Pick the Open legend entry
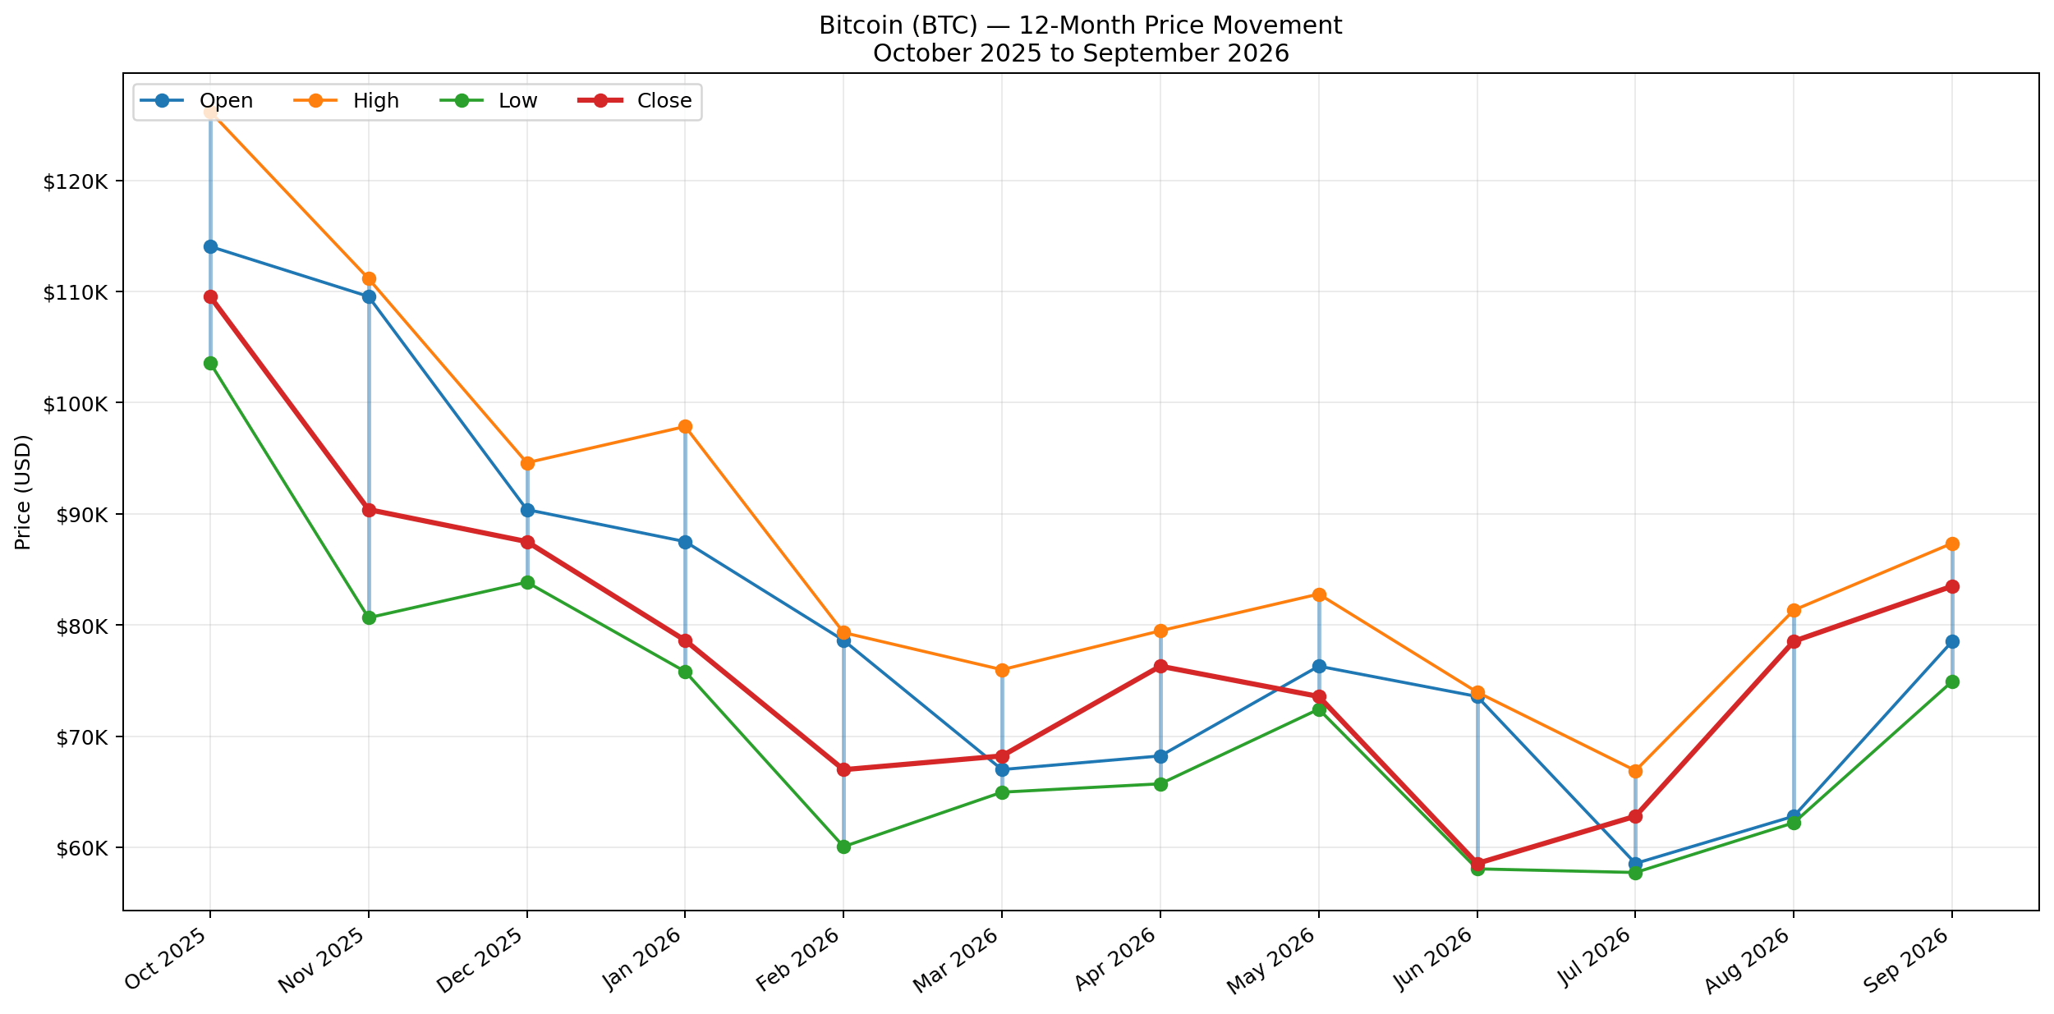click(197, 101)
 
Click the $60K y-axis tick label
click(81, 848)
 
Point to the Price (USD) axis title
click(23, 492)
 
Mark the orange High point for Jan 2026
click(685, 427)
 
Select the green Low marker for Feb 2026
click(843, 847)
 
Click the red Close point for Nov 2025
click(369, 510)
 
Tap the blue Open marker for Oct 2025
click(210, 246)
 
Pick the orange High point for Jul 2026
click(1635, 771)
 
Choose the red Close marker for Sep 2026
click(1952, 586)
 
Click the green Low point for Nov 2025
click(369, 617)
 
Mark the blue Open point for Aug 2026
click(1794, 816)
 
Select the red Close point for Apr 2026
click(1160, 666)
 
